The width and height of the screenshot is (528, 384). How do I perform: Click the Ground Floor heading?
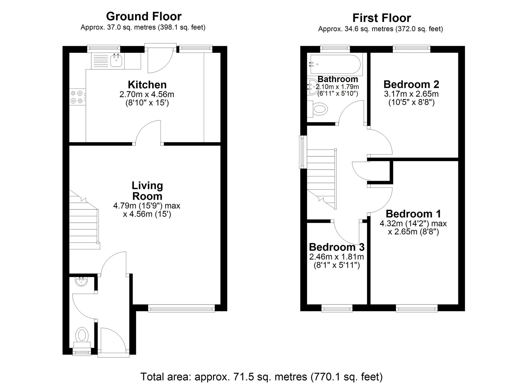point(144,16)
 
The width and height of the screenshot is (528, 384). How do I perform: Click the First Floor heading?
point(382,18)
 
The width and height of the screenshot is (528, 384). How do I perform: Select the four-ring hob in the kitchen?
point(78,97)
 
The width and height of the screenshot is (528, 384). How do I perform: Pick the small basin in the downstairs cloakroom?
point(81,282)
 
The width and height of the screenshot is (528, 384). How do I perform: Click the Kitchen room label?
point(147,85)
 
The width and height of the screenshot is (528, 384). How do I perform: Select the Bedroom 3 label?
point(337,247)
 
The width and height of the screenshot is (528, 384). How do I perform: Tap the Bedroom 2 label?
point(411,85)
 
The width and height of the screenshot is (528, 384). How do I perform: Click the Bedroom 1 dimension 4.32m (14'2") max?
point(413,223)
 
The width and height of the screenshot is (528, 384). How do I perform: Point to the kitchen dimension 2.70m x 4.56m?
point(147,94)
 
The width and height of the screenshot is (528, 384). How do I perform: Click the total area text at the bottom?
point(261,377)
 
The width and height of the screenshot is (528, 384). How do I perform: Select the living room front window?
point(181,308)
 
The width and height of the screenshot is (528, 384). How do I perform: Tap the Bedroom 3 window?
point(337,308)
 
